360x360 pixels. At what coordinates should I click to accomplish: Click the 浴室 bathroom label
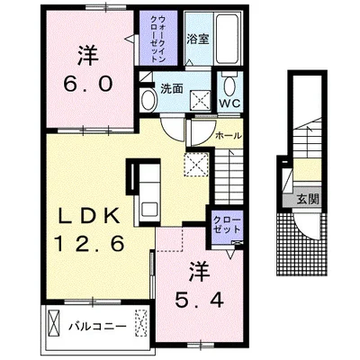click(x=198, y=39)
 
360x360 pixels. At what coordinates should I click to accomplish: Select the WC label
click(x=229, y=103)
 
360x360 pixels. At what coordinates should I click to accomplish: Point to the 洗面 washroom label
click(x=172, y=89)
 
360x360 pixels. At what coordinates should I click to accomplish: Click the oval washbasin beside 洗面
click(x=148, y=100)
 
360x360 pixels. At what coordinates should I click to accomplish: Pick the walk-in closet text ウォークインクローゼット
click(x=157, y=39)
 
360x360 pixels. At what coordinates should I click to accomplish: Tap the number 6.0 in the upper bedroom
click(x=88, y=83)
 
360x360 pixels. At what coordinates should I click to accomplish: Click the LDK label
click(x=88, y=215)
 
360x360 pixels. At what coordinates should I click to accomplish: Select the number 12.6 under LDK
click(x=89, y=243)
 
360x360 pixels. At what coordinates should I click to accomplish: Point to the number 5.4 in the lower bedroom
click(x=199, y=301)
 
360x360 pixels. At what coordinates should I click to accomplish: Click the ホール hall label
click(x=229, y=136)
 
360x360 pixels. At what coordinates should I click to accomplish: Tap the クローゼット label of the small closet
click(x=227, y=225)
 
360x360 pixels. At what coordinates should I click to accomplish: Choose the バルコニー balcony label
click(x=97, y=326)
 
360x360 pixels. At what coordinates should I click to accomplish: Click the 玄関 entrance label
click(x=308, y=199)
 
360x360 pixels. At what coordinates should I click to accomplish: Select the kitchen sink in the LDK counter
click(x=149, y=209)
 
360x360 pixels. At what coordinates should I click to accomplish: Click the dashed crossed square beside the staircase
click(x=196, y=164)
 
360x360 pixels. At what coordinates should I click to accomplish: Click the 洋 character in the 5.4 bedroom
click(x=199, y=272)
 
